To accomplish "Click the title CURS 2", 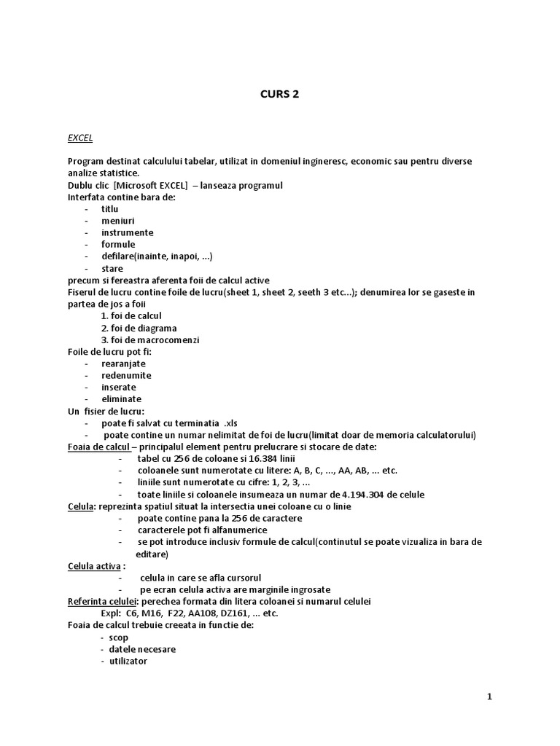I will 279,94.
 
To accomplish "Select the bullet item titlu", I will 109,209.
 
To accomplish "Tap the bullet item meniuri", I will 117,221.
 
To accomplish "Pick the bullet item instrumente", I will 127,232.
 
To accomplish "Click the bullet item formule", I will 118,245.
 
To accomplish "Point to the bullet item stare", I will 112,268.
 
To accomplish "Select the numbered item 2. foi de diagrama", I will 139,328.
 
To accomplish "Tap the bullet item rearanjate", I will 123,364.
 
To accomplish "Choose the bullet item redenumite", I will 126,375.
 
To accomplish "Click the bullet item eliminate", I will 121,399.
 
